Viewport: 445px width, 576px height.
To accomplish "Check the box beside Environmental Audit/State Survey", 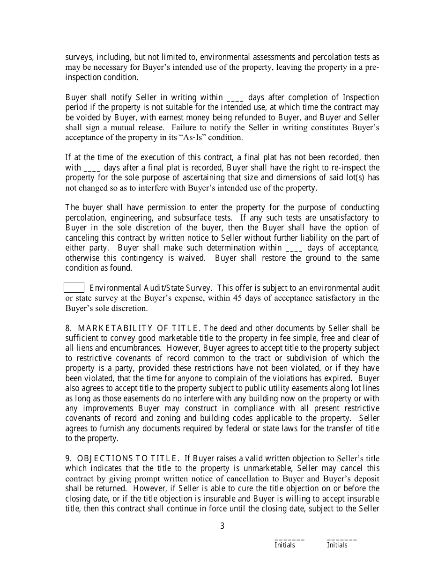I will point(74,288).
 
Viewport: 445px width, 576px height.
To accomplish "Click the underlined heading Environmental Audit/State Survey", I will point(150,288).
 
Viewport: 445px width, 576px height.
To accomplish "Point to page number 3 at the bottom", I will point(222,526).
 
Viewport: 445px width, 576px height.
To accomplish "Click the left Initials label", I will point(285,545).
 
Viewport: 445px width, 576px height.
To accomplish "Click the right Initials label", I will point(337,545).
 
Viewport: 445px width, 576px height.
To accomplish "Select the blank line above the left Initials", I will point(289,539).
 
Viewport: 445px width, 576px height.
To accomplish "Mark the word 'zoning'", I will point(183,418).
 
